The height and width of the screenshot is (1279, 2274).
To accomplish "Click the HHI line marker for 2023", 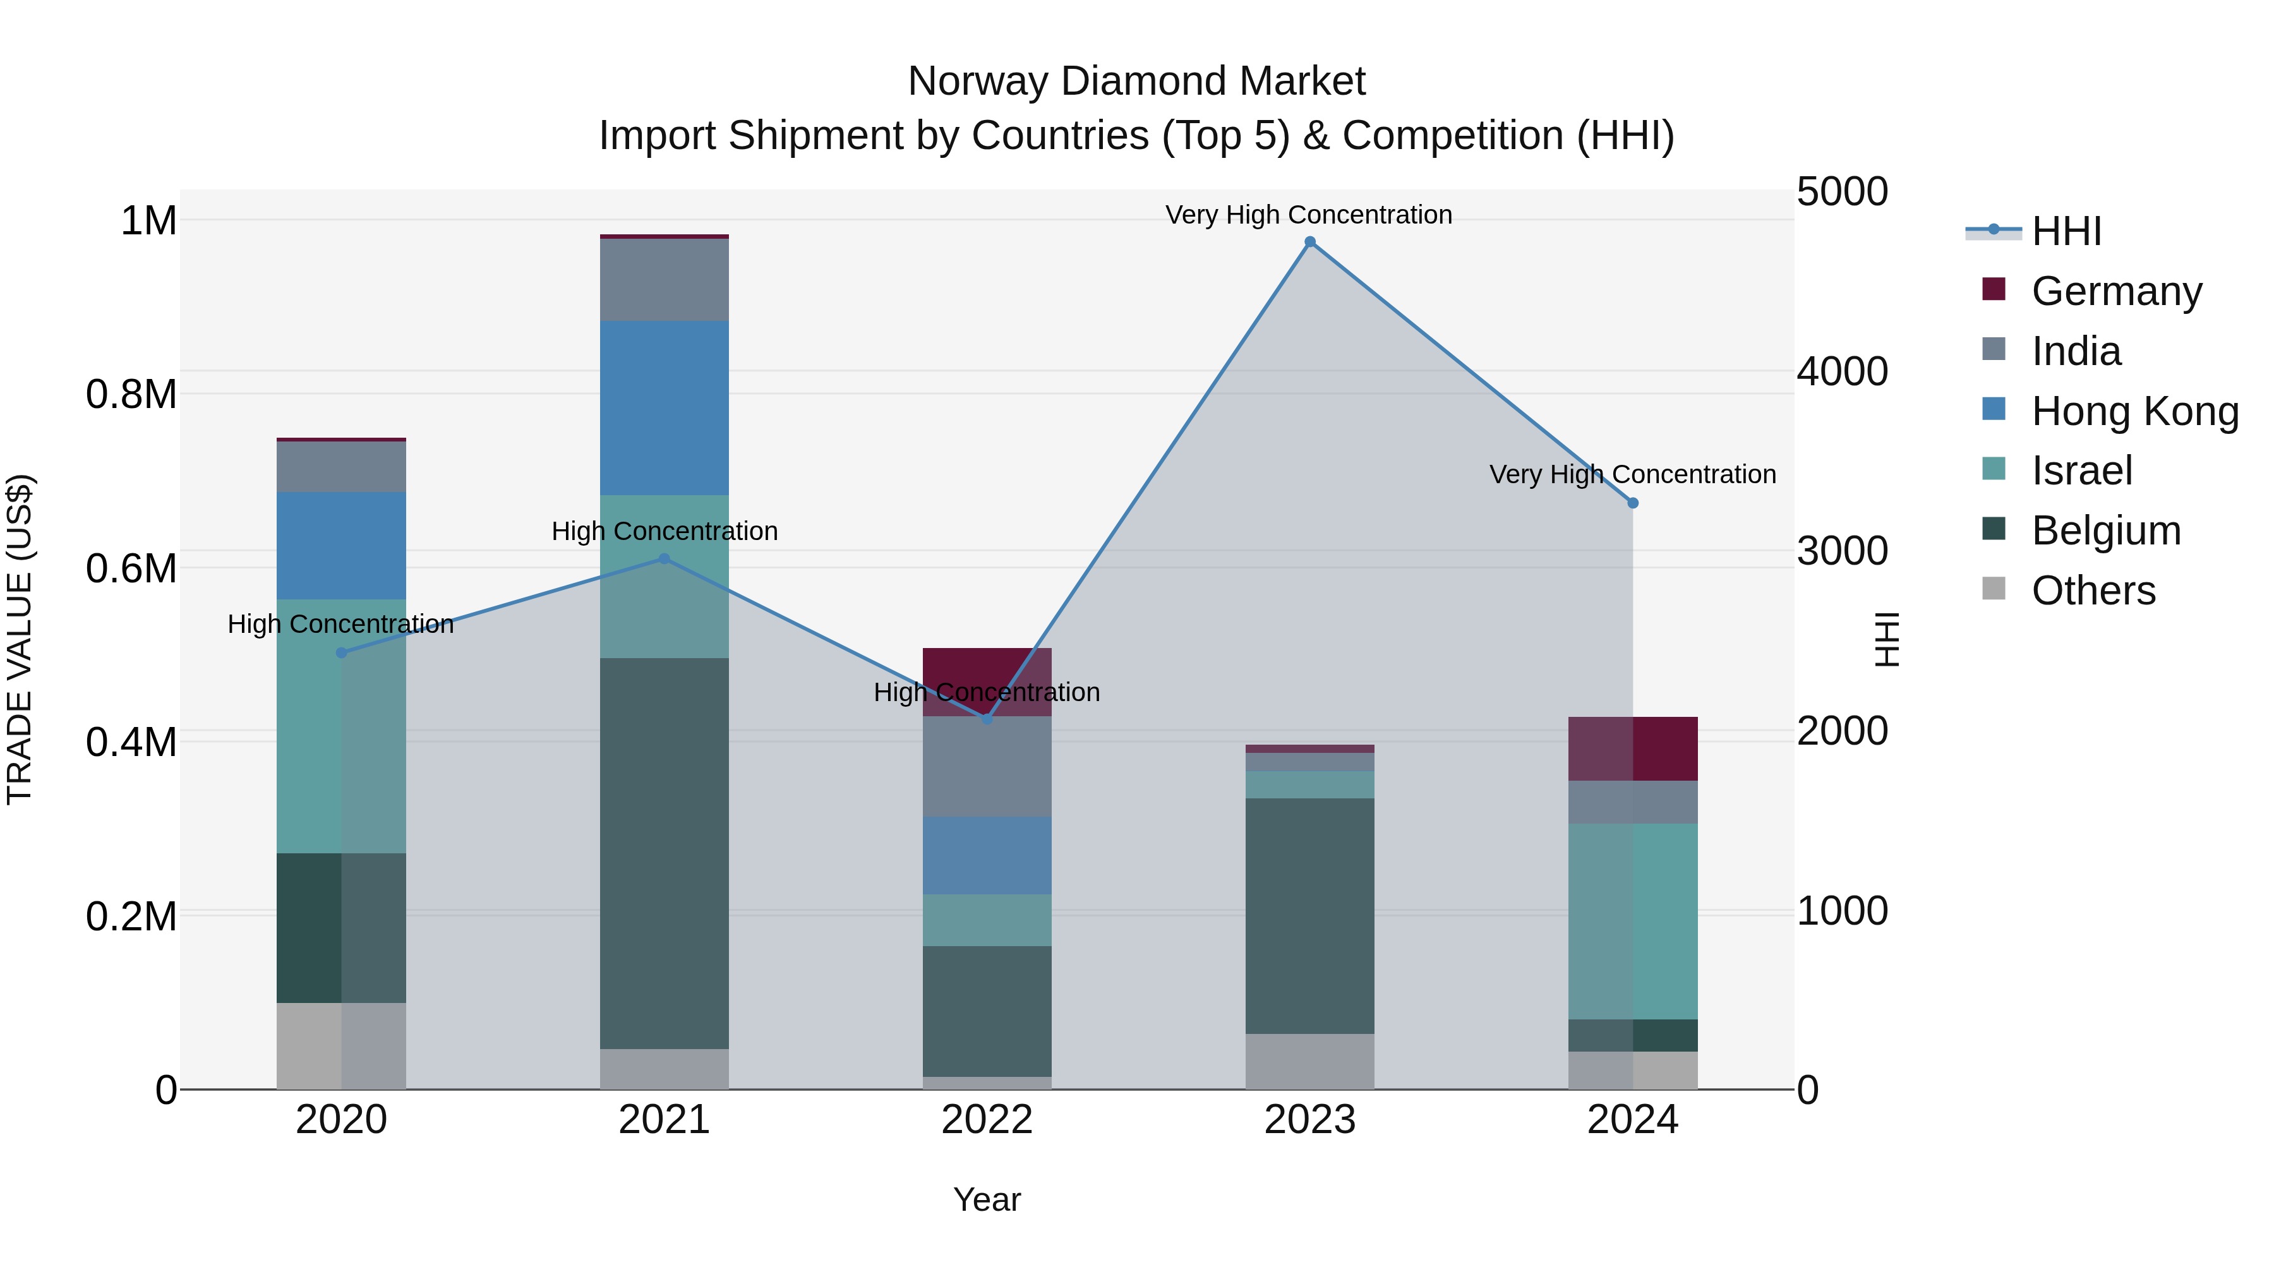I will tap(1310, 242).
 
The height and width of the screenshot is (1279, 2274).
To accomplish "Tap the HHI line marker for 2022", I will tap(987, 719).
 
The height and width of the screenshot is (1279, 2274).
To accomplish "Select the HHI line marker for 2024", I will tap(1632, 503).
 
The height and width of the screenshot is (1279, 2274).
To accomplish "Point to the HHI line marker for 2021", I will tap(665, 559).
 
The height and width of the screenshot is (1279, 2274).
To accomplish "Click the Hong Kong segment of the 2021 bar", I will tap(665, 408).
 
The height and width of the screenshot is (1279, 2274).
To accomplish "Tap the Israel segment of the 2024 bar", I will tap(1632, 921).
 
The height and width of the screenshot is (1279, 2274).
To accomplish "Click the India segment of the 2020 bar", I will tap(342, 466).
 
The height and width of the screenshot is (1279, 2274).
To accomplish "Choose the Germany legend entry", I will tap(2116, 291).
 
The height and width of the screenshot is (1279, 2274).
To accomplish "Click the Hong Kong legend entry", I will tap(2134, 411).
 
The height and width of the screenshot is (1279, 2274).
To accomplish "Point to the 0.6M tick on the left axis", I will tap(131, 568).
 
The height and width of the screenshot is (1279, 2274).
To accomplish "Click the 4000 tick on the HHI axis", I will tap(1843, 371).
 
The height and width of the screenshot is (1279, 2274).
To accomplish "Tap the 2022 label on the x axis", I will tap(987, 1120).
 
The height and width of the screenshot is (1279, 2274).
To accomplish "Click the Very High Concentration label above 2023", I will tap(1308, 215).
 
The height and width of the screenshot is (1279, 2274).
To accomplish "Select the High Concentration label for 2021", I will tap(665, 531).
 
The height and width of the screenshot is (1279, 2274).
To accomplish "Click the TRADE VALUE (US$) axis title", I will tap(20, 639).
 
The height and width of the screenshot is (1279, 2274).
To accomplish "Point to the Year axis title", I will tap(987, 1199).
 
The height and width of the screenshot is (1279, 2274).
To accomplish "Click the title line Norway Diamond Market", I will tap(1136, 81).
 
